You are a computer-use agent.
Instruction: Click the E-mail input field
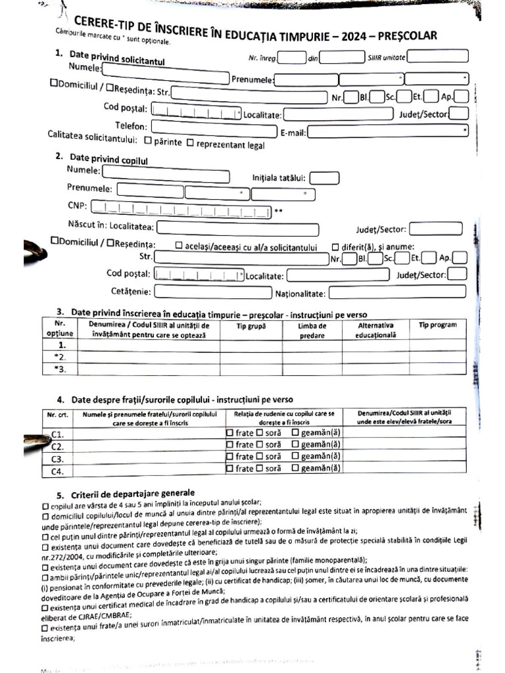(388, 131)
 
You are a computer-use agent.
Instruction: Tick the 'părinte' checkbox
(148, 141)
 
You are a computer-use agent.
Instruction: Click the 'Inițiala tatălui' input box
(324, 177)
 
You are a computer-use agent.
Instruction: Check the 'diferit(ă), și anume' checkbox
(335, 247)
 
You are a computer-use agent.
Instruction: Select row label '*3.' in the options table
(62, 369)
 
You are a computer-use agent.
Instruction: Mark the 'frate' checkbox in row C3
(229, 457)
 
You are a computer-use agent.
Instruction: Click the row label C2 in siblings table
(57, 446)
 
